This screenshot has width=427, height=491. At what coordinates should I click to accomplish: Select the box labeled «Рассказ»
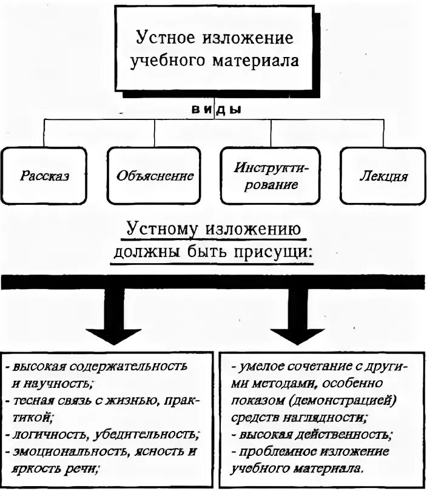(44, 176)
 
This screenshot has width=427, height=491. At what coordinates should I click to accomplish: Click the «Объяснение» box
(155, 176)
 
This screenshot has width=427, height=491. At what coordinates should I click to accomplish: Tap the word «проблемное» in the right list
(272, 452)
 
